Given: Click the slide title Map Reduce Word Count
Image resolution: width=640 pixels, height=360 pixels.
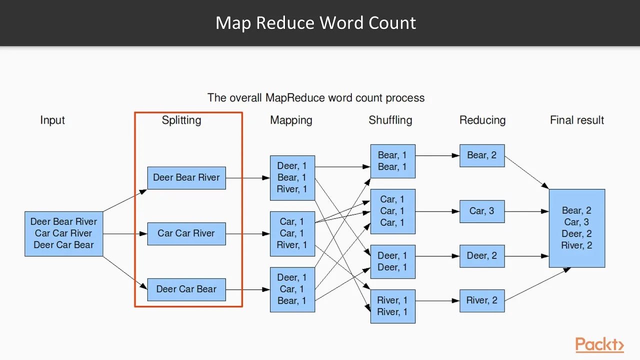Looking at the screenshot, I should pos(315,23).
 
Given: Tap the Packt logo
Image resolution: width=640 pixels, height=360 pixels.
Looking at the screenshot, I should pos(599,344).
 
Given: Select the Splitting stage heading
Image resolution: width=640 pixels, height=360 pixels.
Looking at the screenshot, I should pos(181,120).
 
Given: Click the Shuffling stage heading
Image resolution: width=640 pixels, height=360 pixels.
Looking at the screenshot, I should pos(390,120).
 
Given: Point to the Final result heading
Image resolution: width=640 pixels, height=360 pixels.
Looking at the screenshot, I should pos(577,120).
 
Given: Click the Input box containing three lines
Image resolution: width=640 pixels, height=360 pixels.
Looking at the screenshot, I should pos(63,233).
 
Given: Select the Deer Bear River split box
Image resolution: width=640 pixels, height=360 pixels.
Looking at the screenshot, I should pos(186,177).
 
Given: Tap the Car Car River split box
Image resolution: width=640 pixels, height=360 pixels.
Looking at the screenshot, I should pos(186,233).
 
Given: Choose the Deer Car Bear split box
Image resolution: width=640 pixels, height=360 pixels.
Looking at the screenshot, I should pos(186,289).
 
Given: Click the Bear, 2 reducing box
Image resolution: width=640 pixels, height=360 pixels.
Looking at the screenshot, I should pos(482,155).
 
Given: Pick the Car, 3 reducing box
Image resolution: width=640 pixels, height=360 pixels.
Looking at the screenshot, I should pos(482,211).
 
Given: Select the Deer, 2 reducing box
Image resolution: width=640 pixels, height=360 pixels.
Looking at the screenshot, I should pos(482,256).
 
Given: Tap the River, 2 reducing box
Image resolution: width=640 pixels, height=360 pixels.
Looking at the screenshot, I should pos(482,300).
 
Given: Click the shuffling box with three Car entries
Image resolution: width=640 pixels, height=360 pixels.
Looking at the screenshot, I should pos(392,211).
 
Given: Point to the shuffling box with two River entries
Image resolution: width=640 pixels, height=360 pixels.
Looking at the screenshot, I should pos(392,306).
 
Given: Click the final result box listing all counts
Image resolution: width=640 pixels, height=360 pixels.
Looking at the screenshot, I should pos(576,228).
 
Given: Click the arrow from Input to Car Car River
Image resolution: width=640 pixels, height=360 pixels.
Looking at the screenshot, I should pos(125,233).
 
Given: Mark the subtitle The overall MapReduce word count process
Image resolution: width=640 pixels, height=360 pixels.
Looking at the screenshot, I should pos(316,97).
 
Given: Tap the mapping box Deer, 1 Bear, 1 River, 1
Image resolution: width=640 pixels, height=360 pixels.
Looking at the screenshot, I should pos(292,177).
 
